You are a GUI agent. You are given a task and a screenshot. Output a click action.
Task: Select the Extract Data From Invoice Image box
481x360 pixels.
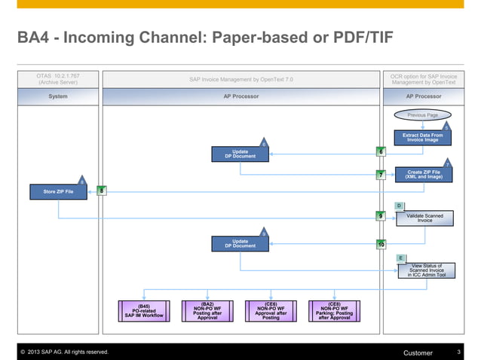[423, 138]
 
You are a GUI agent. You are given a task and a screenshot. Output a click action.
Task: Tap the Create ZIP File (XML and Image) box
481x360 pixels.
[424, 174]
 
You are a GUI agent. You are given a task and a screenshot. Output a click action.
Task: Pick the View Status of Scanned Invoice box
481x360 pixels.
[426, 270]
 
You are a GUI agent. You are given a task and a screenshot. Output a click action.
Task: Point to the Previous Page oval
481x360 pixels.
[422, 115]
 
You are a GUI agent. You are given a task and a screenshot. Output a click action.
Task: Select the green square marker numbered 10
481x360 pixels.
[381, 245]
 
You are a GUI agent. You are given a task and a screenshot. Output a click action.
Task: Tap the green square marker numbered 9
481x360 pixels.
[381, 217]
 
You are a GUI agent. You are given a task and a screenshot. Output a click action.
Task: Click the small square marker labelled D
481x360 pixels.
[399, 205]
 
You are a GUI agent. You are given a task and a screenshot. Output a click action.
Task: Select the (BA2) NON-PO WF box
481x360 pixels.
[207, 311]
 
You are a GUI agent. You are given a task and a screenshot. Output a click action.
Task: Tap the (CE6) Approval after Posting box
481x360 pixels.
[270, 311]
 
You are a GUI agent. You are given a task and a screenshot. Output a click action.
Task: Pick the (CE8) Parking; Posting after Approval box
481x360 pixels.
[333, 311]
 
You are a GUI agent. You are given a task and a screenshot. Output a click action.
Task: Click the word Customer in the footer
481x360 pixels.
[418, 352]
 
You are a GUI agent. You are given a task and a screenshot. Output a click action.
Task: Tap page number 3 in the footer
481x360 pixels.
[458, 352]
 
